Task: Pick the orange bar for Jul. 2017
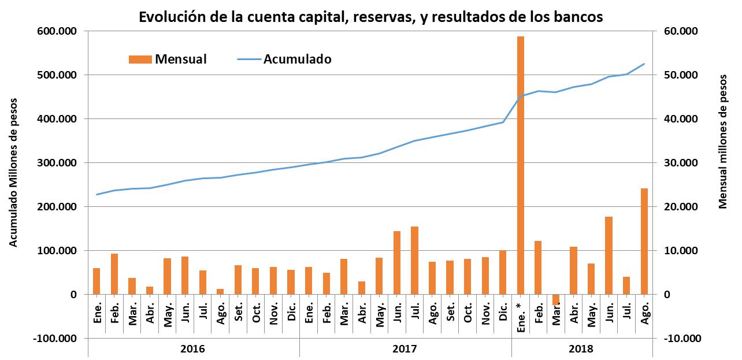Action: pos(414,260)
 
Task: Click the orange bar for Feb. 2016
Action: pos(114,274)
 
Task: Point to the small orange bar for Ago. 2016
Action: pos(220,291)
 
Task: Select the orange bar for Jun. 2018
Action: pos(609,255)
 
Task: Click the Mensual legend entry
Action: pos(168,59)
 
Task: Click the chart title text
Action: pos(370,17)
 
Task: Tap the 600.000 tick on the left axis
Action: pos(57,31)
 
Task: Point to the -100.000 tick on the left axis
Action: pos(55,339)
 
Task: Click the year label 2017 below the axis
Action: pos(405,349)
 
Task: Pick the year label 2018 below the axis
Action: pos(581,349)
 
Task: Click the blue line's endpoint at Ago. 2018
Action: pos(644,64)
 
